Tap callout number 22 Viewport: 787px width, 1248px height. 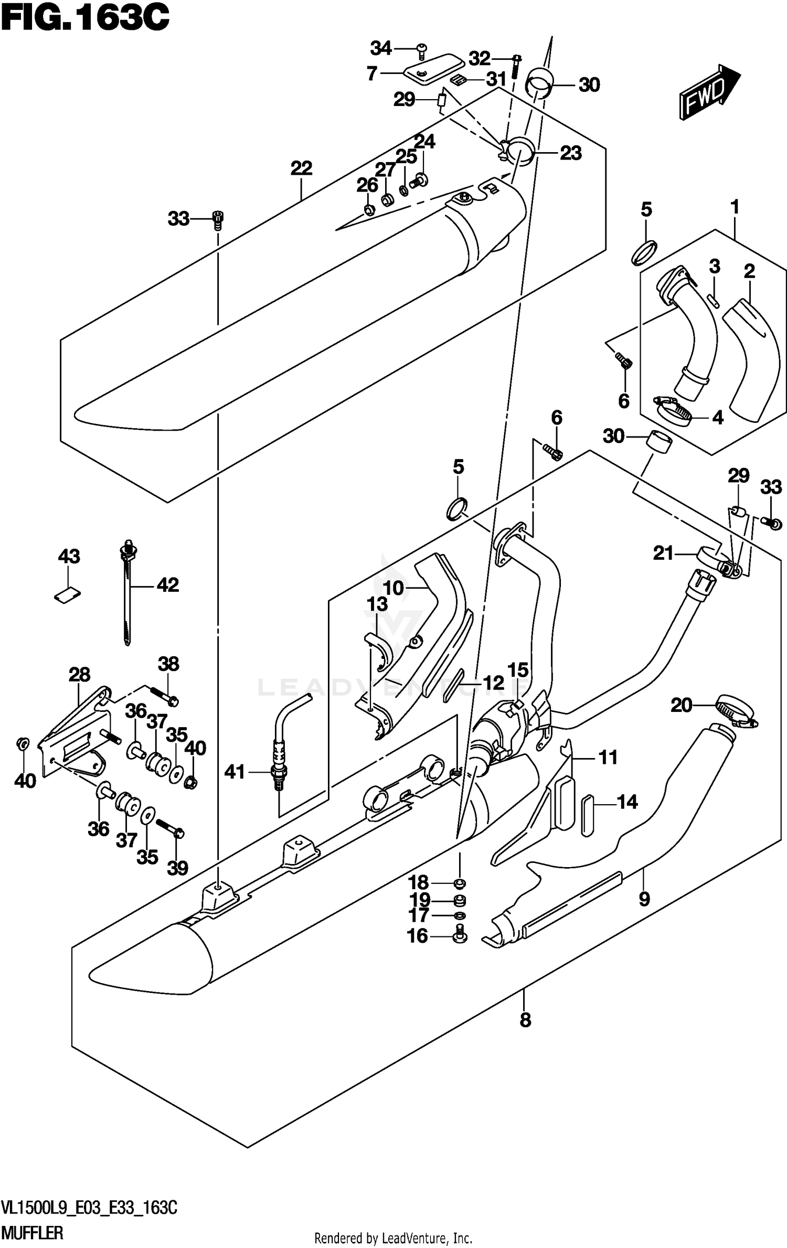pos(301,168)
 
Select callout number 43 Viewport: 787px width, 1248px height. pos(69,556)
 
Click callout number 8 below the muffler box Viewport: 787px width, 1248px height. pos(525,1020)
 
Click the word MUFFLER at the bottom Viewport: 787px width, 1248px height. pos(33,1233)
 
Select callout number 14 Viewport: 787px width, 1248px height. pos(627,802)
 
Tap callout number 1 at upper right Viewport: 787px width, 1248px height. pos(735,207)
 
